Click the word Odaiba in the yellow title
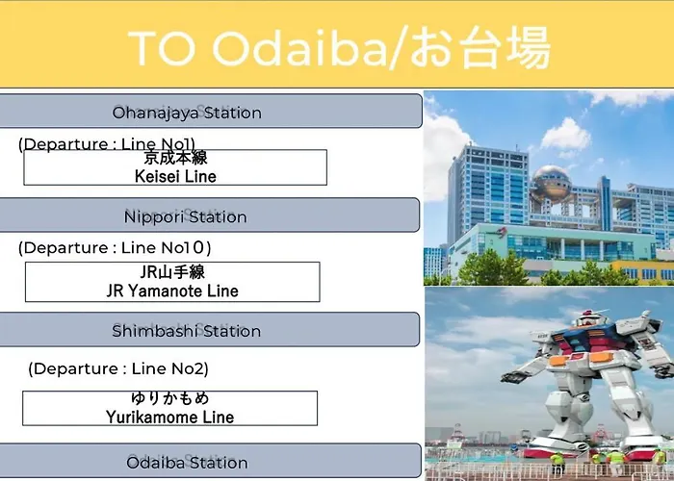(300, 47)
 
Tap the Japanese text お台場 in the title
(480, 47)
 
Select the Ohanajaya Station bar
(211, 111)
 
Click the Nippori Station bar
(210, 215)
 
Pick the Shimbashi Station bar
(210, 329)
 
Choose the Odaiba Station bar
(211, 461)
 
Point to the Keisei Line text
(175, 176)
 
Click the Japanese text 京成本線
(175, 158)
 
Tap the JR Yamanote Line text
(172, 291)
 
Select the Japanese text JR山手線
(172, 272)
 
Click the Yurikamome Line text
(169, 417)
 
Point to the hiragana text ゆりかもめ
(170, 398)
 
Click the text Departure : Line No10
(115, 248)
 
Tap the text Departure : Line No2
(118, 368)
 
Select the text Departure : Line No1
(107, 144)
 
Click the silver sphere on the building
(551, 184)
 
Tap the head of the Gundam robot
(589, 317)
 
